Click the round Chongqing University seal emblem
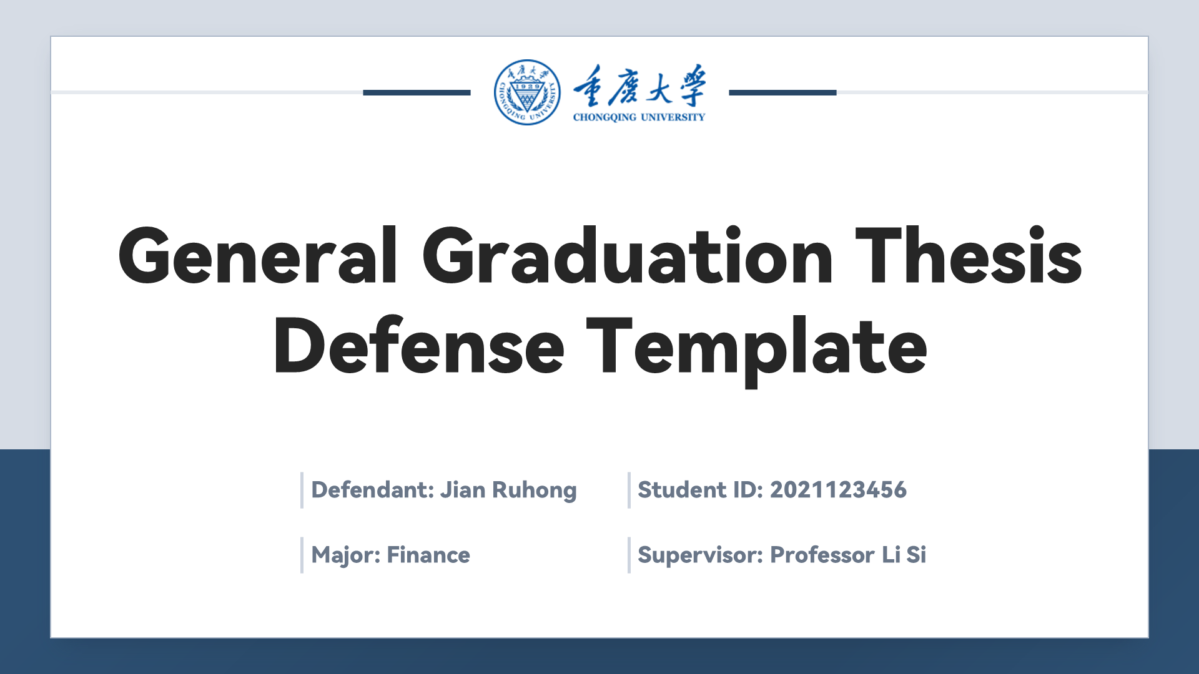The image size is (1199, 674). tap(527, 92)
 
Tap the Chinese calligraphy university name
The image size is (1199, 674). tap(639, 85)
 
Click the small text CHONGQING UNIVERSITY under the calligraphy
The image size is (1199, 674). tap(639, 117)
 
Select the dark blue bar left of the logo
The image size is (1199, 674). tap(417, 92)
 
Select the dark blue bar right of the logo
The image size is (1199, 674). tap(782, 92)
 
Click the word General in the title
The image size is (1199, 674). tap(258, 256)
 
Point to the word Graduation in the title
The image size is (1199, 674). tap(628, 256)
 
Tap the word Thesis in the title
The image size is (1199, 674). tap(969, 256)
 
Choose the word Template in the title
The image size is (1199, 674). tap(757, 349)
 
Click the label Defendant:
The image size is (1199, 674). tap(373, 490)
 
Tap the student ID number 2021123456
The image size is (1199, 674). tap(838, 490)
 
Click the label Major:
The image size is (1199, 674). tap(346, 555)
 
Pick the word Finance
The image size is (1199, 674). tap(428, 555)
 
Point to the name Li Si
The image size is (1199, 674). tap(904, 555)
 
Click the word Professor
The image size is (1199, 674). tap(822, 555)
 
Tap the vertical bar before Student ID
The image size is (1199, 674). tap(629, 491)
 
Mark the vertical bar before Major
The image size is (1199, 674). tap(302, 555)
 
